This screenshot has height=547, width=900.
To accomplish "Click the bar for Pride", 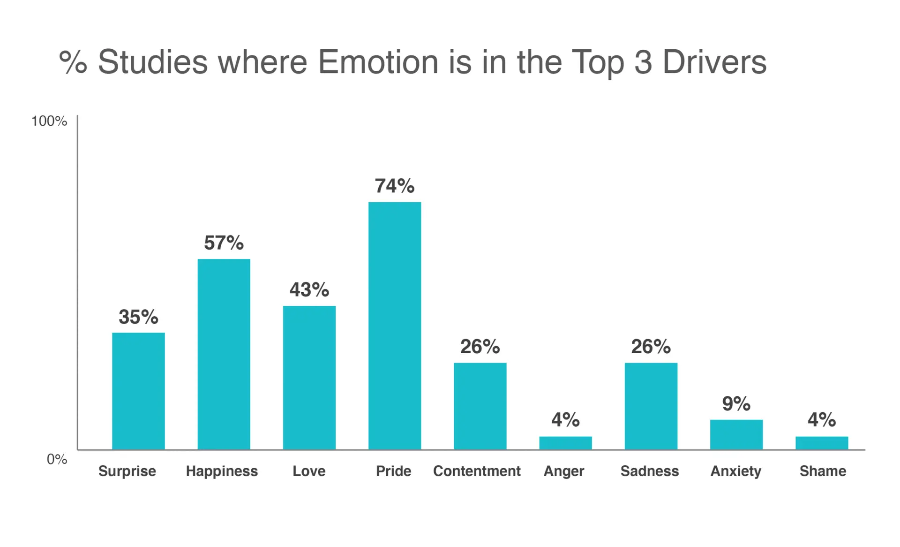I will pos(394,326).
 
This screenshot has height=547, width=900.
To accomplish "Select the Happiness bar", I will pos(224,354).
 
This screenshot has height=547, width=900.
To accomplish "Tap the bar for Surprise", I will pos(138,391).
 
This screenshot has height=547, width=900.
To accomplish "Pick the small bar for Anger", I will pos(565,443).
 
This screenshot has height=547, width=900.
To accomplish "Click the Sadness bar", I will pos(651,406).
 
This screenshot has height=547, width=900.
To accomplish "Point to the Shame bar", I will pos(821,443).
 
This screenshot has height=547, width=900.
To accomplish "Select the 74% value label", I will pos(394,186).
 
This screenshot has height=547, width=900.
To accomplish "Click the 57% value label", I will pos(224,243).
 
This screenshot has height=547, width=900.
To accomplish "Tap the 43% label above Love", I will pos(309,289).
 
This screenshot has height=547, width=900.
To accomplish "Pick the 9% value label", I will pos(736,403).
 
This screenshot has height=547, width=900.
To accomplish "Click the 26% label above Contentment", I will pos(480,347).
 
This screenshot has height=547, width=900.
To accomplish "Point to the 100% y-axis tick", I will pos(49,121).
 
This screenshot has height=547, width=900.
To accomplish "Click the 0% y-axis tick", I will pos(57,459).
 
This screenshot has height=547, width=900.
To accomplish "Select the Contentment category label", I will pos(477,471).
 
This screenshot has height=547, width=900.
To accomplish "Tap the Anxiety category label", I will pos(735,471).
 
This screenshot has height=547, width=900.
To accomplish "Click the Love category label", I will pos(309,471).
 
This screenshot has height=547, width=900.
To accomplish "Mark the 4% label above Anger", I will pos(565,419).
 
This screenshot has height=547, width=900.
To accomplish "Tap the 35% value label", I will pos(138,317).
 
